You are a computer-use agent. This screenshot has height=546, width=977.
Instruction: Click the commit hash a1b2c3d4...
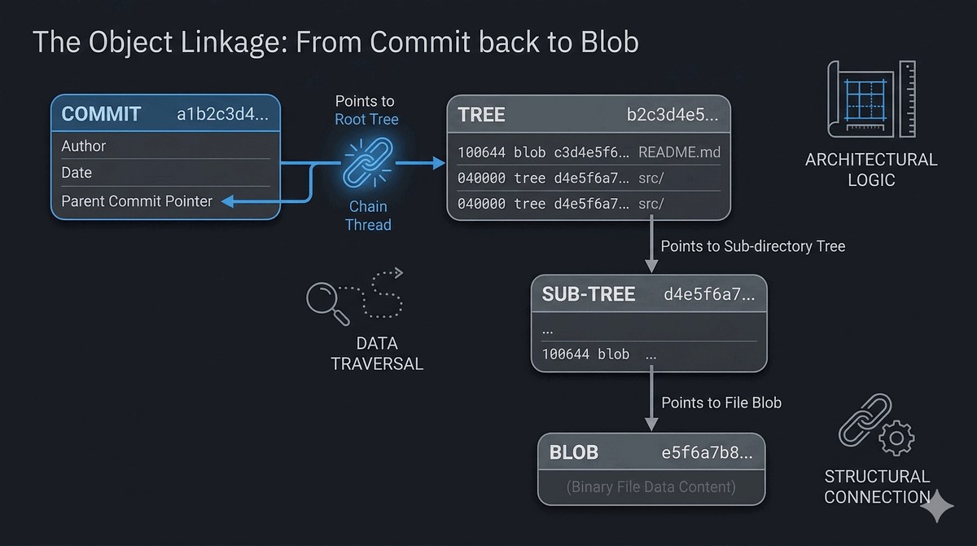click(x=222, y=114)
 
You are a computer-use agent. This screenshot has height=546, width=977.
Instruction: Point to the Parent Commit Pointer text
click(x=137, y=201)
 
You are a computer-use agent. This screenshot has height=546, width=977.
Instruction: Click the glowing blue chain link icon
click(x=368, y=162)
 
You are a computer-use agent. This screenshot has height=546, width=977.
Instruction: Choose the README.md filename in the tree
click(x=680, y=152)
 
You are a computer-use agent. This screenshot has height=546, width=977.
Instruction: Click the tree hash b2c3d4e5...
click(x=673, y=114)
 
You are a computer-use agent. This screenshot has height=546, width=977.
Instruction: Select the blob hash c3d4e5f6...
click(x=592, y=152)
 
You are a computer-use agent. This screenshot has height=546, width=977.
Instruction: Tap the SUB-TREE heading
click(x=589, y=293)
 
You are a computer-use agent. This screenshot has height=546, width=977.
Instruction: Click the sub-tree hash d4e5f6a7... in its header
click(x=709, y=294)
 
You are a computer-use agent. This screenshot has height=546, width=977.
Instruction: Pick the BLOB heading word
click(x=573, y=452)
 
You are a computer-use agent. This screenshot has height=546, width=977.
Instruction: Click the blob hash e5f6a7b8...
click(x=707, y=452)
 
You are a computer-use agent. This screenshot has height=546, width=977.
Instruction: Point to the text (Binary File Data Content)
click(x=651, y=487)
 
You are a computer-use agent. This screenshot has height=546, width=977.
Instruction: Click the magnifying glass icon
click(x=327, y=303)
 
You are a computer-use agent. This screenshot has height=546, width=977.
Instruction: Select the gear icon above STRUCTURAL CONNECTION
click(x=896, y=438)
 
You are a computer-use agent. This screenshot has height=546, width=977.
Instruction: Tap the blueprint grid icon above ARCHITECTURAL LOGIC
click(x=871, y=99)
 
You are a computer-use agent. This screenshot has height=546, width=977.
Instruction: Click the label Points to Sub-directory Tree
click(x=753, y=246)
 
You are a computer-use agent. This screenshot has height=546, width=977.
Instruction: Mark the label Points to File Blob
click(x=721, y=403)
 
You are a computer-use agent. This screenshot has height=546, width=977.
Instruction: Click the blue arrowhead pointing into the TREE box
click(x=439, y=163)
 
